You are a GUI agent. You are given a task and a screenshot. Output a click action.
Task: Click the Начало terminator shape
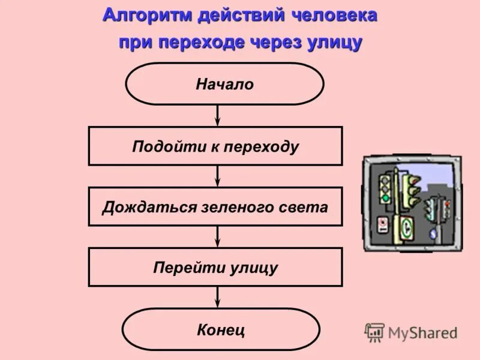click(x=224, y=84)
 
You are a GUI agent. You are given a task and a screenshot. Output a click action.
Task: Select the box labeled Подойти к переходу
click(x=215, y=146)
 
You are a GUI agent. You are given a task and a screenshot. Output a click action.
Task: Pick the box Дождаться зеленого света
click(x=215, y=206)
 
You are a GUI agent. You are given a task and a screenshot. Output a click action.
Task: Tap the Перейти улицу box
click(x=215, y=267)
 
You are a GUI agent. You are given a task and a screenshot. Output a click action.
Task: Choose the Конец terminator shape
click(x=221, y=329)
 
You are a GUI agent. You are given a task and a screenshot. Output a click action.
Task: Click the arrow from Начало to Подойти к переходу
click(x=218, y=115)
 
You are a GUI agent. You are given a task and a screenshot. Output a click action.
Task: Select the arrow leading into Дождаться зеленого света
click(x=218, y=176)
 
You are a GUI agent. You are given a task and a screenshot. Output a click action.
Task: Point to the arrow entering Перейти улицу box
click(x=218, y=236)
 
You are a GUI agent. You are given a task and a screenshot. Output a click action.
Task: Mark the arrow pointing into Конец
click(x=218, y=297)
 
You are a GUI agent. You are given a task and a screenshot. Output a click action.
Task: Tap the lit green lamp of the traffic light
click(x=385, y=198)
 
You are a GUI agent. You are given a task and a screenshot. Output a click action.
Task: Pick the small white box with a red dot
click(x=383, y=225)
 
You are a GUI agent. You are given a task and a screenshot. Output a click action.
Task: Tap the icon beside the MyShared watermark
click(x=374, y=332)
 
